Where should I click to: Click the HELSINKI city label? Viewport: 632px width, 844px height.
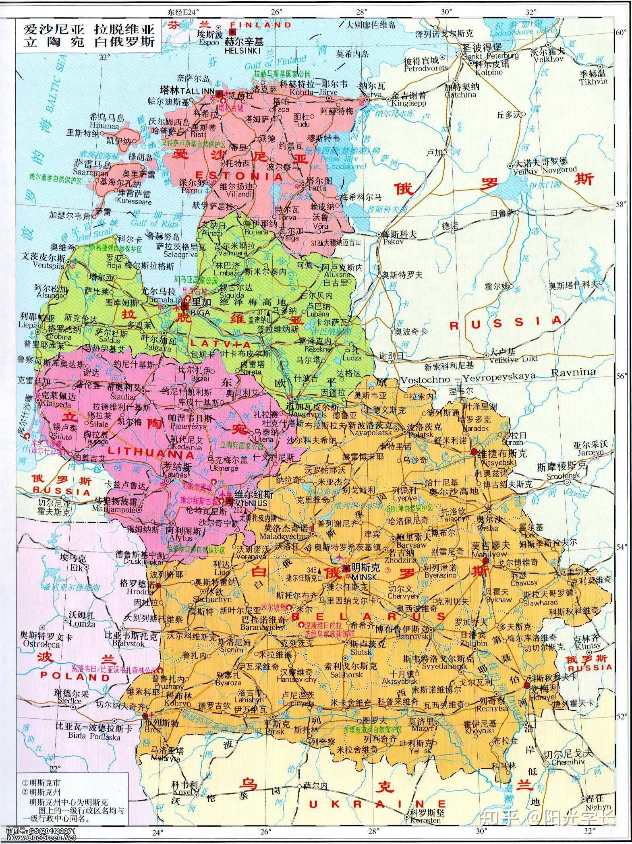242,51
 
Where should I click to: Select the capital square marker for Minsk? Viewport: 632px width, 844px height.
346,569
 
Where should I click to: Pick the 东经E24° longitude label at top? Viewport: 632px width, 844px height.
184,12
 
